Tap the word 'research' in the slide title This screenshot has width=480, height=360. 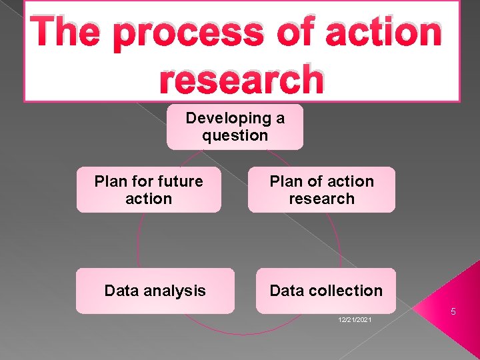pyautogui.click(x=241, y=79)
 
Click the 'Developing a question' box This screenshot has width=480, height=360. pyautogui.click(x=235, y=127)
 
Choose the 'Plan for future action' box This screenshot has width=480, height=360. pyautogui.click(x=149, y=190)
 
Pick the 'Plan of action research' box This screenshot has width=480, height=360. pyautogui.click(x=321, y=190)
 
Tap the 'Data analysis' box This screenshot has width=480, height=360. pyautogui.click(x=155, y=291)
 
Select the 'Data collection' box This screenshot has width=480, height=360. pyautogui.click(x=325, y=291)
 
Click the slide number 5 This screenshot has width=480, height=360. pyautogui.click(x=452, y=312)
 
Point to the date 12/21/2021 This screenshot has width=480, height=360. pyautogui.click(x=355, y=321)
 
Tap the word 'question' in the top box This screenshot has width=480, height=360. pyautogui.click(x=235, y=135)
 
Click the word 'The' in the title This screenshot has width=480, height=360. pyautogui.click(x=68, y=33)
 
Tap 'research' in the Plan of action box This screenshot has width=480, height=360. pyautogui.click(x=321, y=199)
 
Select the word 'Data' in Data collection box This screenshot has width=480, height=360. pyautogui.click(x=286, y=291)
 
